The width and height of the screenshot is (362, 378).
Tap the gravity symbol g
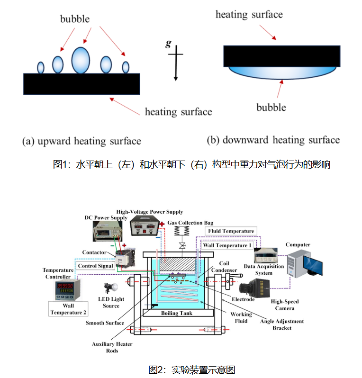coord(168,44)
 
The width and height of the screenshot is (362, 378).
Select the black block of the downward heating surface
coord(281,56)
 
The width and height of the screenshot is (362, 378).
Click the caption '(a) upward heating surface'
coord(81,141)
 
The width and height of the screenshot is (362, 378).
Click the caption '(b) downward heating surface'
coord(273,140)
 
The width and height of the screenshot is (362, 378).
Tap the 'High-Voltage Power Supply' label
coord(150,212)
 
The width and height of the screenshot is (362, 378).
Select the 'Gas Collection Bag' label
coord(190,223)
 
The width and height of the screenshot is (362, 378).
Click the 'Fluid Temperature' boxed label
coord(232,231)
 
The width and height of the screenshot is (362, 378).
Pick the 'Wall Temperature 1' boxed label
coord(227,245)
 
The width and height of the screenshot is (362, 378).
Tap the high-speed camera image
coord(255,287)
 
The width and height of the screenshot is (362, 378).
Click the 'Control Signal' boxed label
coord(96,266)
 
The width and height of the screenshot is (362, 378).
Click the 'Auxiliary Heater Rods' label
coord(112,347)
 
